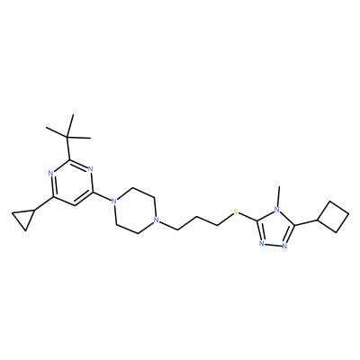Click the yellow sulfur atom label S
click(236, 212)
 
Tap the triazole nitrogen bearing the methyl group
click(277, 209)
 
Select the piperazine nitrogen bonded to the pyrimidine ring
click(113, 201)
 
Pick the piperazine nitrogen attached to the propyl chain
click(156, 221)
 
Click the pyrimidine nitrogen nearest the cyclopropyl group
click(50, 173)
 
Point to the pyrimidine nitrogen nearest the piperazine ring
click(91, 169)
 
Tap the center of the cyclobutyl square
click(334, 217)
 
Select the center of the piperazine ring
click(135, 211)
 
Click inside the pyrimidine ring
click(71, 183)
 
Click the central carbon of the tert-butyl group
click(67, 138)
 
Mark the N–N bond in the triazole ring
click(273, 245)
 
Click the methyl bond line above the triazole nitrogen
click(279, 195)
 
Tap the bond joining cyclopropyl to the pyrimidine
click(44, 203)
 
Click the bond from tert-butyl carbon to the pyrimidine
click(68, 148)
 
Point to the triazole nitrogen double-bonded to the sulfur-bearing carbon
click(262, 244)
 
